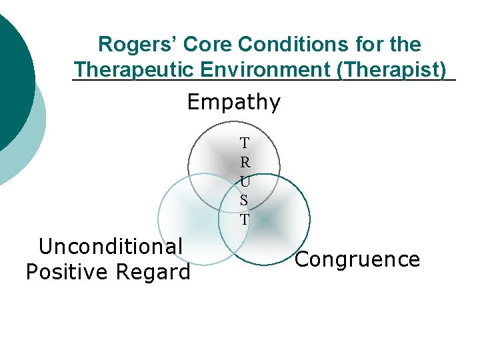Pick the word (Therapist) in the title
(392, 69)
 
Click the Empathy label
(234, 102)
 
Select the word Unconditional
(111, 247)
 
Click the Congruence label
(357, 259)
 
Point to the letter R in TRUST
(245, 162)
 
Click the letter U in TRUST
(245, 181)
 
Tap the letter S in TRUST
(245, 199)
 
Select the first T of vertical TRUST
(245, 143)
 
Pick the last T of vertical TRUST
(245, 219)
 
